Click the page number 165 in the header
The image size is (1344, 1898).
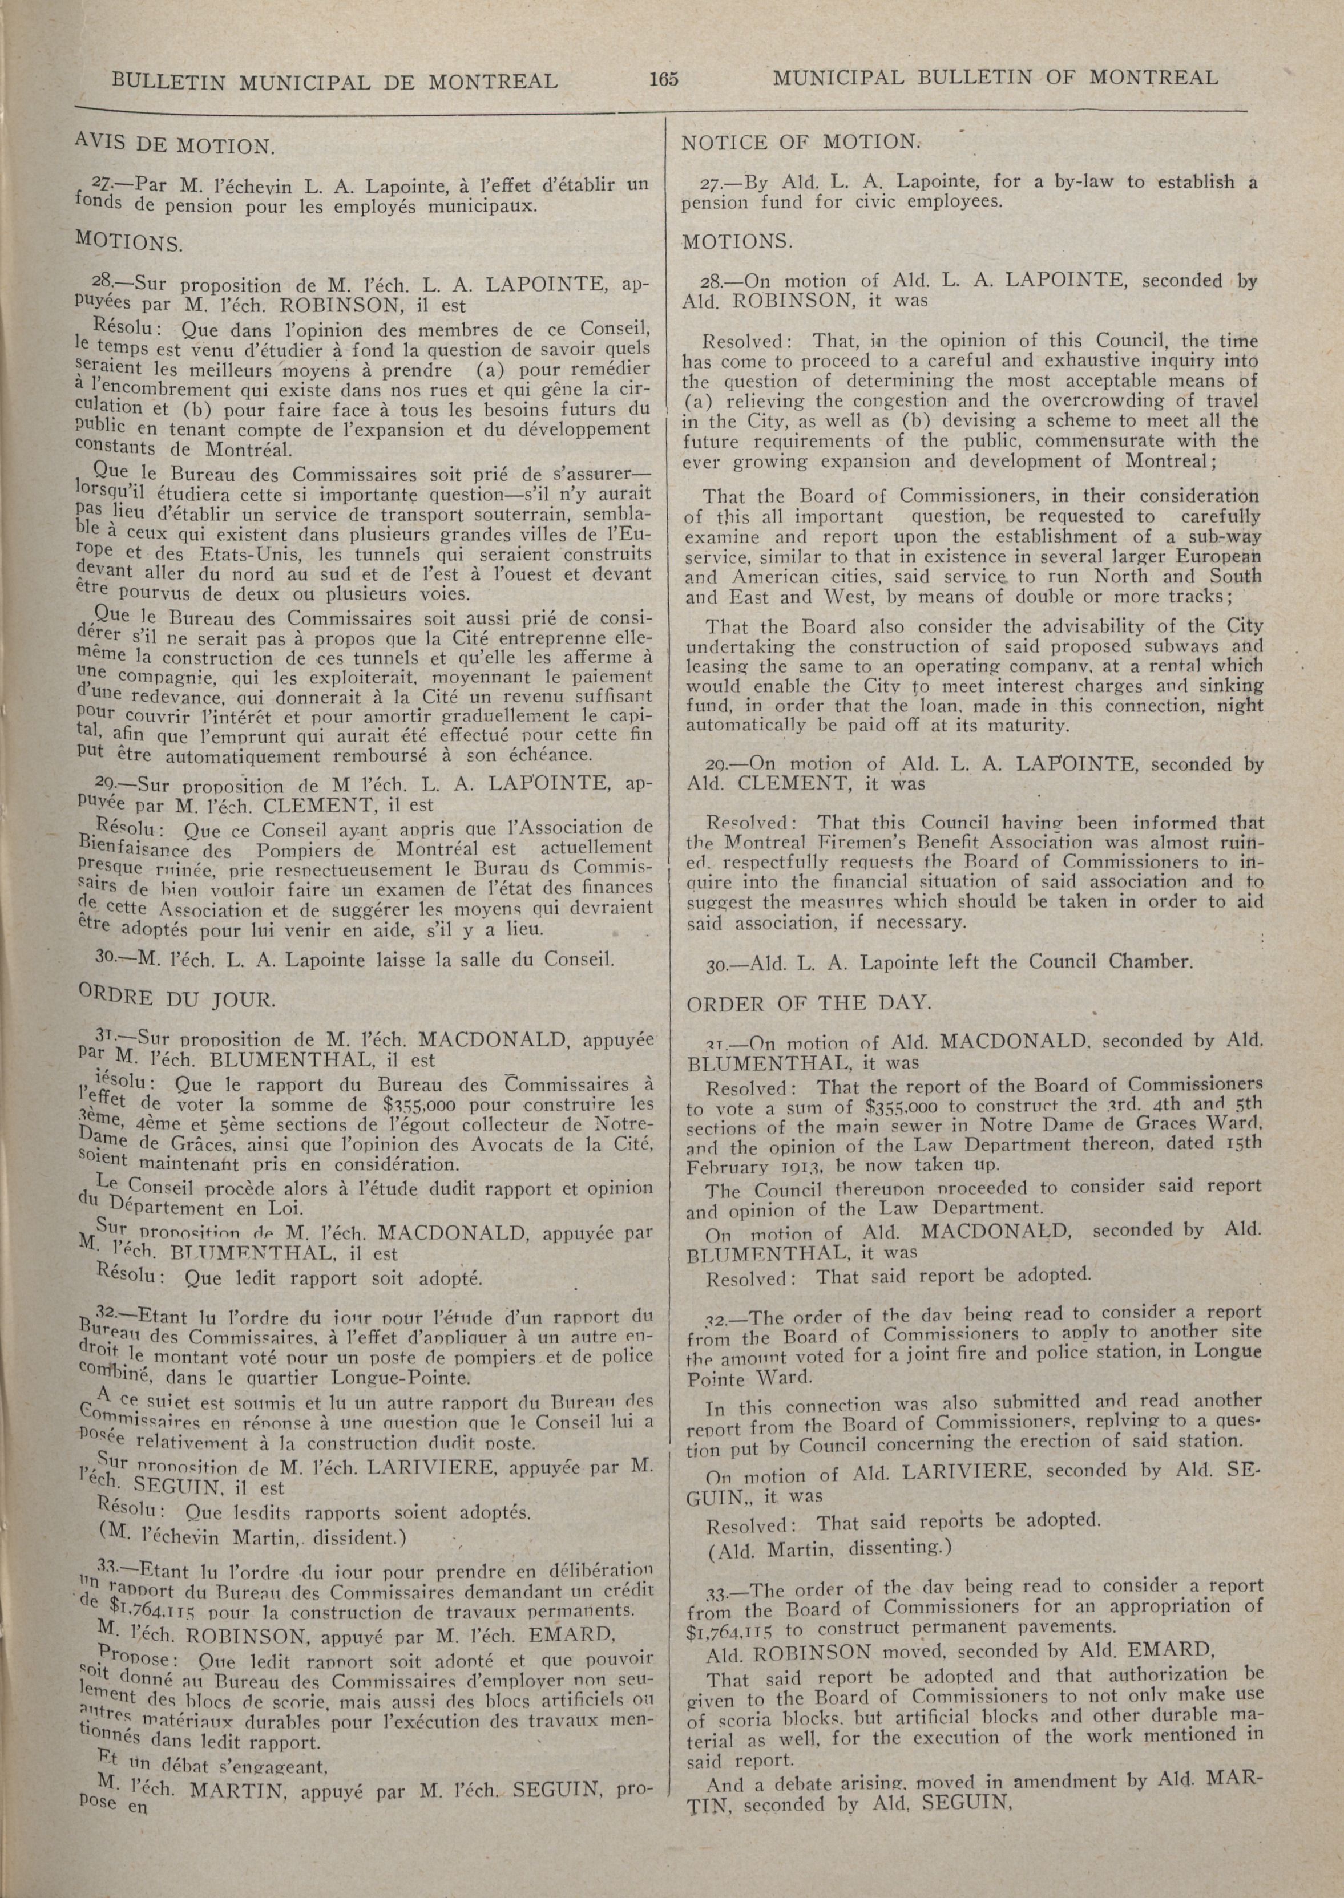coord(664,79)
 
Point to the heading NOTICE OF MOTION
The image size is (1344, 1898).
coord(800,142)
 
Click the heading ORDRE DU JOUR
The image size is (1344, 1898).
coord(175,999)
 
